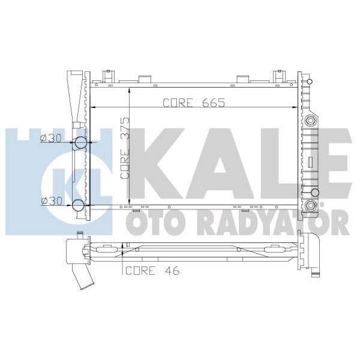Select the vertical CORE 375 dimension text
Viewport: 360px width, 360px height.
tap(124, 157)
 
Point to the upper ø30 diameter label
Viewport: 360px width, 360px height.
tap(50, 139)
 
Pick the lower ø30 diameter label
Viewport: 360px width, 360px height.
tap(50, 201)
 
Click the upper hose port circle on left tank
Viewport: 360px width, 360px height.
tap(80, 143)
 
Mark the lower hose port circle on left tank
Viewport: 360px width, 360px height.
tap(79, 206)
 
